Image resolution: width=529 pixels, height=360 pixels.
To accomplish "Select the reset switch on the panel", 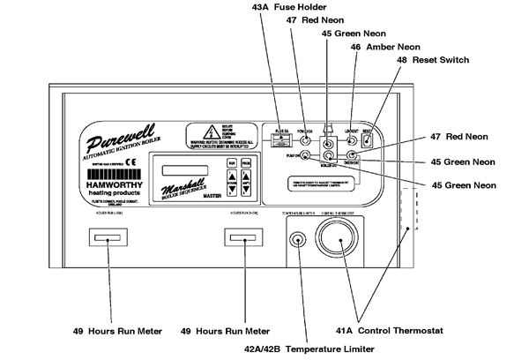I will point(368,139).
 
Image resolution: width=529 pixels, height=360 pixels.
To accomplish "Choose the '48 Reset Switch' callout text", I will point(433,61).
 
